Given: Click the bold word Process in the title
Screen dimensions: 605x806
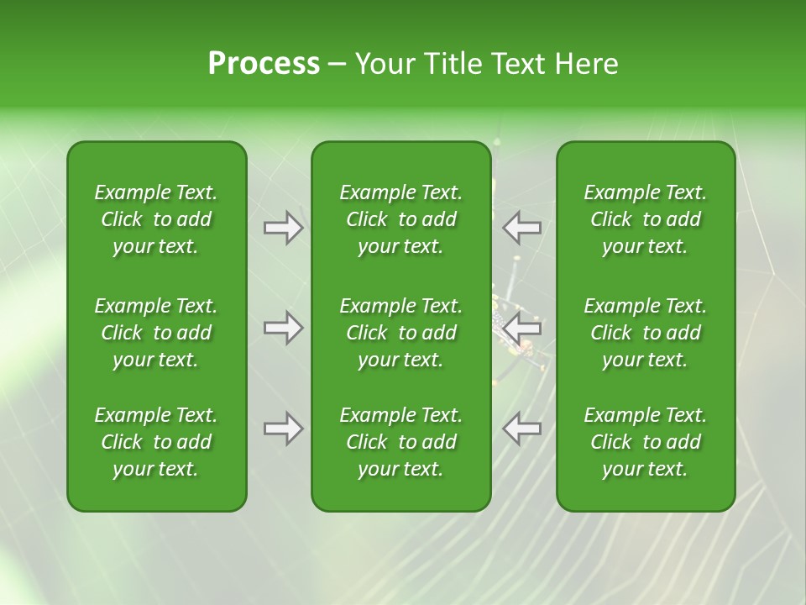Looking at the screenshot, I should point(264,64).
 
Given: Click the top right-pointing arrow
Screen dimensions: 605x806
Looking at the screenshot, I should point(283,228).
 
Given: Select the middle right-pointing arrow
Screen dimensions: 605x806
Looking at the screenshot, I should point(283,328).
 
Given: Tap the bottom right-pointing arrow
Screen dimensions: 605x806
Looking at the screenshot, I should point(283,429).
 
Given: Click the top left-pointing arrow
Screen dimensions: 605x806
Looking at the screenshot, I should point(521,228).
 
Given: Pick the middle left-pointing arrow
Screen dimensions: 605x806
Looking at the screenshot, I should point(521,328).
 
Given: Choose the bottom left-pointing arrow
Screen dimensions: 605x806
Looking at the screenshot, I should point(521,429).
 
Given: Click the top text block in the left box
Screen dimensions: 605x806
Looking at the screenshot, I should point(156,219).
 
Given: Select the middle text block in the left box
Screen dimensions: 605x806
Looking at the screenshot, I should point(156,333).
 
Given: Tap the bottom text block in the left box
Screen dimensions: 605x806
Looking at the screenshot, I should point(156,442).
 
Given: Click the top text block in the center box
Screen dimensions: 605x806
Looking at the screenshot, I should point(400,219).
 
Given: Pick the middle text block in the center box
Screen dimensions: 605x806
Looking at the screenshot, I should point(400,333).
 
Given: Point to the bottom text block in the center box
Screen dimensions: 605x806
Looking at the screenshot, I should point(400,442).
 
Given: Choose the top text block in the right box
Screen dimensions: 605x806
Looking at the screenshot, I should point(646,219).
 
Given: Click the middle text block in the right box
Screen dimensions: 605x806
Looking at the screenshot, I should point(646,333).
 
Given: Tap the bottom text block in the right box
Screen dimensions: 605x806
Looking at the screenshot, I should point(646,442).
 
